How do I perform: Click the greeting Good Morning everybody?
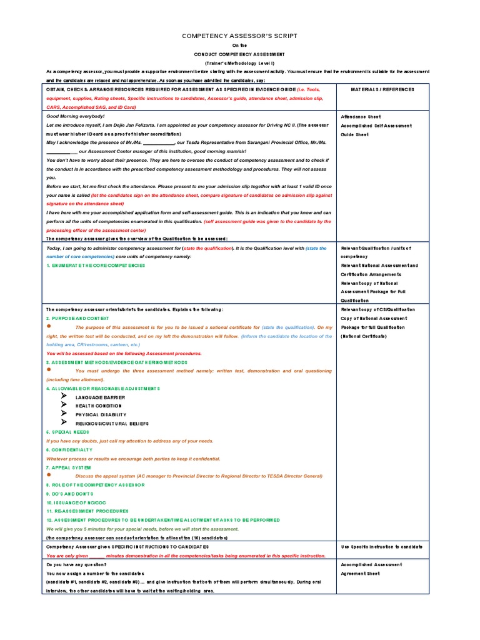tap(76, 117)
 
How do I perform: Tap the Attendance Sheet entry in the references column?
tap(361, 117)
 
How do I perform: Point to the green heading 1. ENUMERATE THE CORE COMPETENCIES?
tap(96, 266)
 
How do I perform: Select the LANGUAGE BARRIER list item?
tap(100, 397)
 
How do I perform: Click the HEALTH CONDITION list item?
tap(99, 406)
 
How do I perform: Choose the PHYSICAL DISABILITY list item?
tap(101, 415)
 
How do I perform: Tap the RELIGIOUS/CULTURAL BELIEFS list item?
tap(112, 424)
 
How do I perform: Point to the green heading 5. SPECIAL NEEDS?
tap(68, 432)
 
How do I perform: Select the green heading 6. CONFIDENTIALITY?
tap(69, 450)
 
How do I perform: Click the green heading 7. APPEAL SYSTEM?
tap(69, 467)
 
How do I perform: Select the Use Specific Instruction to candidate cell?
tap(382, 547)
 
